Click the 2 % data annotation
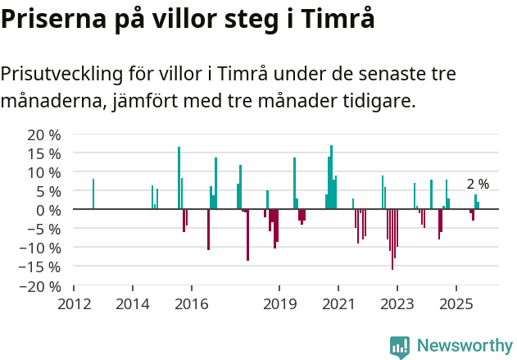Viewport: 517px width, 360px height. pyautogui.click(x=478, y=185)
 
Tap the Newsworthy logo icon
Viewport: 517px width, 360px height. pyautogui.click(x=400, y=346)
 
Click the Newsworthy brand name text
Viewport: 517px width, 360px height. pyautogui.click(x=464, y=346)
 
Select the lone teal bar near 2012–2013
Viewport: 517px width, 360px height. pyautogui.click(x=93, y=194)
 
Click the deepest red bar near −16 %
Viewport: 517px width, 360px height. pyautogui.click(x=392, y=239)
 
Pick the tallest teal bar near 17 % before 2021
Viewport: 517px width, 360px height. pyautogui.click(x=331, y=177)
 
